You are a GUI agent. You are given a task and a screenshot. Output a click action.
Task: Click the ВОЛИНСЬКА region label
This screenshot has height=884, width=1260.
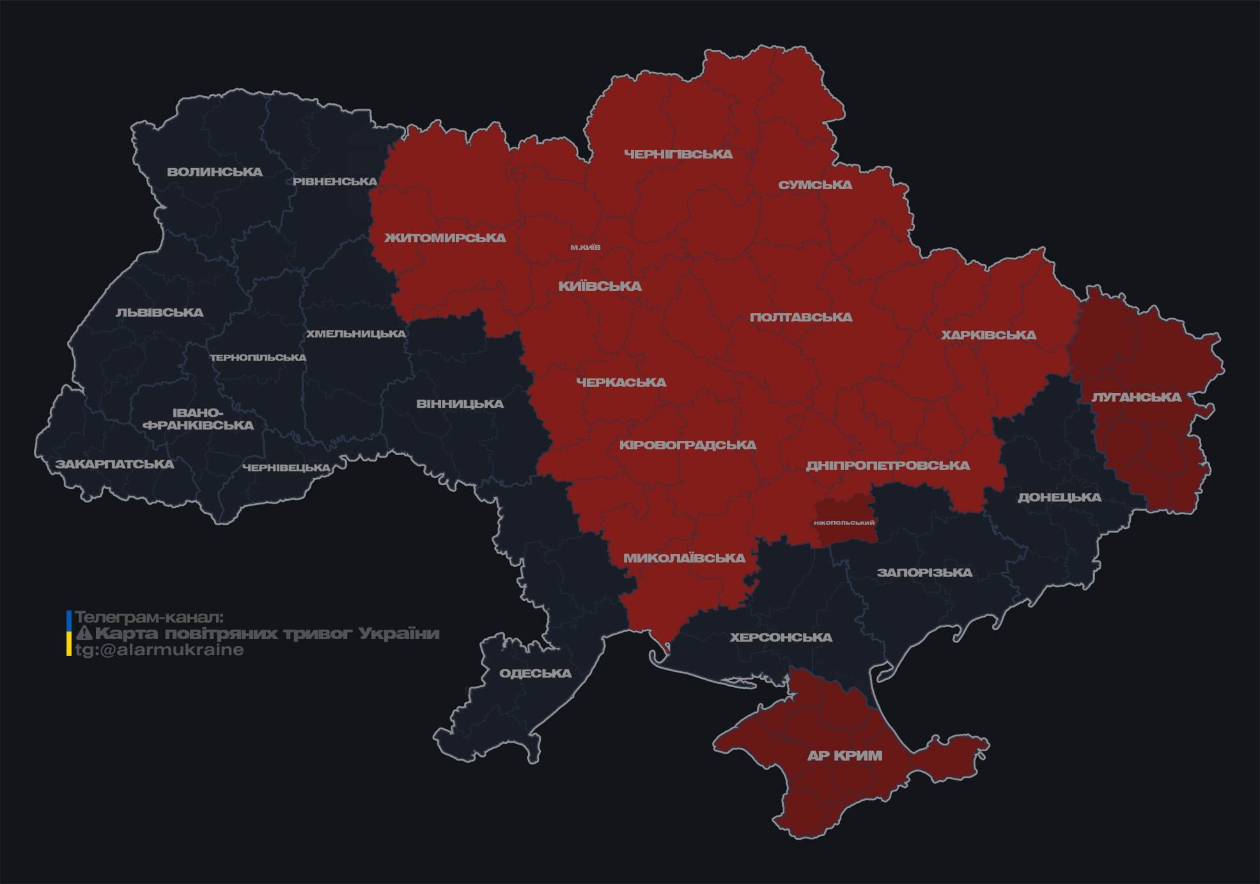pyautogui.click(x=215, y=172)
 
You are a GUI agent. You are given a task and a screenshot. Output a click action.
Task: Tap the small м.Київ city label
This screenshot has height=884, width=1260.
pyautogui.click(x=586, y=247)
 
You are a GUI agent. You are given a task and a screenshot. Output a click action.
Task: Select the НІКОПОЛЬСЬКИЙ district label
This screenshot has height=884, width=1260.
pyautogui.click(x=844, y=522)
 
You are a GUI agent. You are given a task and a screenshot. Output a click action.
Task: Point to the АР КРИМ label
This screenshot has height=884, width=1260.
pyautogui.click(x=844, y=756)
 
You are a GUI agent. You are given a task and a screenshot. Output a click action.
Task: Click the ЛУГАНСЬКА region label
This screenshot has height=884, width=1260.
pyautogui.click(x=1136, y=397)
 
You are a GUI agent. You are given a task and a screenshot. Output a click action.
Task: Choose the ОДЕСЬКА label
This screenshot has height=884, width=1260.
pyautogui.click(x=535, y=673)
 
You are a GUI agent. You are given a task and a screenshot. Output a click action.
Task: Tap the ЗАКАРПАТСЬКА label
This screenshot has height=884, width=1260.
pyautogui.click(x=114, y=464)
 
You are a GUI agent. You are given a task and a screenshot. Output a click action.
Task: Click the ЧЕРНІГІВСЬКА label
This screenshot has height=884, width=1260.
pyautogui.click(x=678, y=154)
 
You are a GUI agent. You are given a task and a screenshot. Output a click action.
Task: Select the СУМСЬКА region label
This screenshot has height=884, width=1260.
pyautogui.click(x=815, y=185)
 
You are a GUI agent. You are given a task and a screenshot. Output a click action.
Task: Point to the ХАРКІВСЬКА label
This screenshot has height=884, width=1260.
pyautogui.click(x=988, y=335)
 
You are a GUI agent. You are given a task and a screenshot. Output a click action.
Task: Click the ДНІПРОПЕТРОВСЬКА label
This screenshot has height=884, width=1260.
pyautogui.click(x=887, y=465)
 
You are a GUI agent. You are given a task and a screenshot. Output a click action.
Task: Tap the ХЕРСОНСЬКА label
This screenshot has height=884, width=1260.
pyautogui.click(x=781, y=637)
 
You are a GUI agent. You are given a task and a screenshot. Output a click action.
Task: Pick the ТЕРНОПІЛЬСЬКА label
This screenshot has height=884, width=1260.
pyautogui.click(x=258, y=357)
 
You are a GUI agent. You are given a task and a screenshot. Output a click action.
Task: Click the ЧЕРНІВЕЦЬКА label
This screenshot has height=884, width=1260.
pyautogui.click(x=286, y=468)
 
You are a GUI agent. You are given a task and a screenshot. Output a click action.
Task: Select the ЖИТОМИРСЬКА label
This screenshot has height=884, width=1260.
pyautogui.click(x=445, y=238)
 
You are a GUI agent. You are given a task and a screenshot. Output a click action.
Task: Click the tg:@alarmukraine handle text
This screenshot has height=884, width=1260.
pyautogui.click(x=160, y=650)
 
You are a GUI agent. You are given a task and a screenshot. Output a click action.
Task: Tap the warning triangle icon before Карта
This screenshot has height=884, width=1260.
pyautogui.click(x=84, y=633)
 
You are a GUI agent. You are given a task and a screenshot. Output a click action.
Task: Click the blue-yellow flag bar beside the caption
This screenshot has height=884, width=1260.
pyautogui.click(x=69, y=633)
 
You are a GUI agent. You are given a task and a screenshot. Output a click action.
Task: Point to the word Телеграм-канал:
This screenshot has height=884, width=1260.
pyautogui.click(x=149, y=617)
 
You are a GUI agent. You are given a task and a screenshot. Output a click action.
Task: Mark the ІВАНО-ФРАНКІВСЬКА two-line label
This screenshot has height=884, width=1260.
pyautogui.click(x=198, y=419)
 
